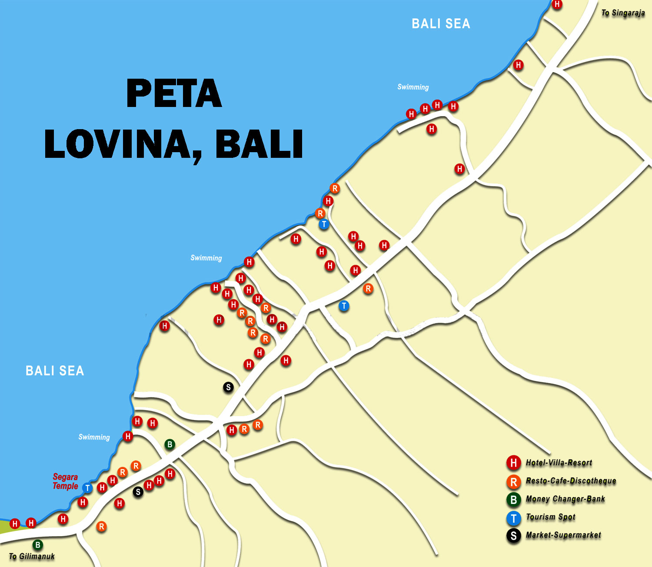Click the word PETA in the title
point(174,93)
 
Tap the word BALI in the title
point(259,144)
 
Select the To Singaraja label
point(623,13)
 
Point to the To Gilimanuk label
point(32,556)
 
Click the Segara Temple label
point(65,481)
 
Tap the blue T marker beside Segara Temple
point(87,488)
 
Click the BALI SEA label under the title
point(55,371)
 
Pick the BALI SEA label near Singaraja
point(441,24)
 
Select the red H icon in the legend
point(513,463)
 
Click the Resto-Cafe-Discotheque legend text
point(571,480)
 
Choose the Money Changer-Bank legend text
point(565,499)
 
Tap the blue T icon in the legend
point(513,518)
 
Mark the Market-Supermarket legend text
point(563,535)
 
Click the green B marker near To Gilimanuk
point(38,545)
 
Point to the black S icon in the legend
point(513,536)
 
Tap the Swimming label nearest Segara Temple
point(94,437)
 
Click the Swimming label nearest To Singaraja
point(413,87)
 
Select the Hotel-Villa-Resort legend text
point(559,463)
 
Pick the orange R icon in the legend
point(513,481)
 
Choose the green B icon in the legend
point(513,500)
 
